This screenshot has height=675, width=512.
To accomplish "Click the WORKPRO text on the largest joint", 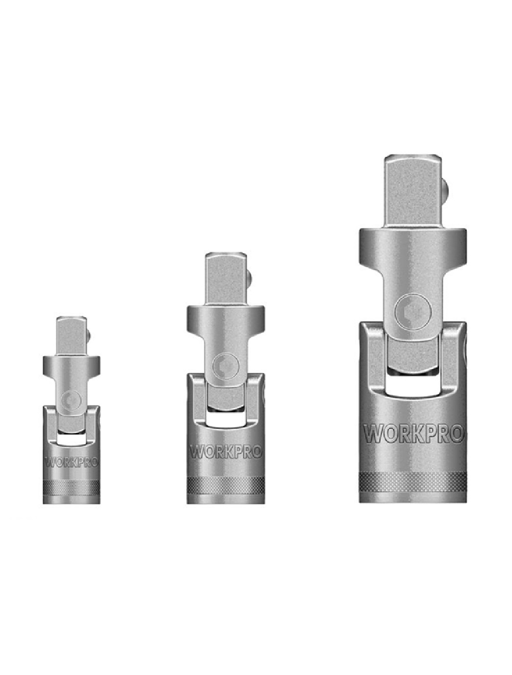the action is (x=413, y=434).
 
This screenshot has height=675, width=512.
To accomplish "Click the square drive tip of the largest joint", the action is (x=413, y=192).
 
